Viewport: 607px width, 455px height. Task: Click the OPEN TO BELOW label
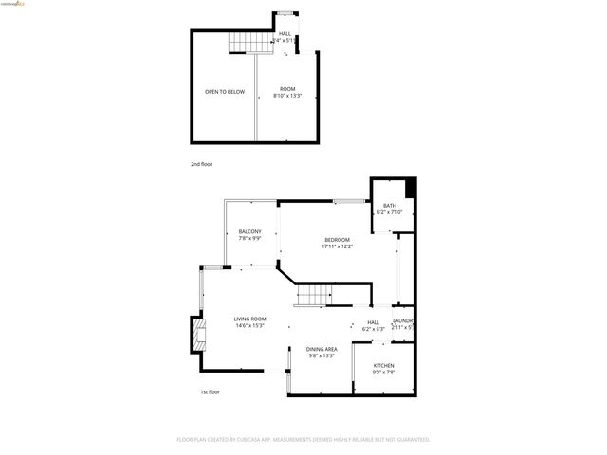(x=225, y=92)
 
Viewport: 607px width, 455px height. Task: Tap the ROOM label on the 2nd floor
(x=287, y=89)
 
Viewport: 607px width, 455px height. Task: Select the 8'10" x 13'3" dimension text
(x=287, y=96)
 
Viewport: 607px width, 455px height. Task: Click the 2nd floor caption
(x=201, y=164)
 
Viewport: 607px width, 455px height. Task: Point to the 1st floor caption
(x=210, y=391)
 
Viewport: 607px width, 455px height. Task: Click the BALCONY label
(x=250, y=231)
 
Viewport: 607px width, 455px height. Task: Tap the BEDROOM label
(x=338, y=239)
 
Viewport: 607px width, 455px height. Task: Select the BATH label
(x=390, y=206)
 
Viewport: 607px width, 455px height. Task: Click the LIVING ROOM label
(x=250, y=318)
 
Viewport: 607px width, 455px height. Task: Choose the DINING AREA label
(x=322, y=349)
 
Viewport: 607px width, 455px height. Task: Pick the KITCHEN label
(x=383, y=366)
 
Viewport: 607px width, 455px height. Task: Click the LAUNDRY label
(x=403, y=322)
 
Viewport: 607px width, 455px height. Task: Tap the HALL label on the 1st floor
(x=374, y=322)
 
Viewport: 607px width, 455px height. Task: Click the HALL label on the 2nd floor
(x=285, y=33)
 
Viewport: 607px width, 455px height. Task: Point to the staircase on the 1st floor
(x=312, y=297)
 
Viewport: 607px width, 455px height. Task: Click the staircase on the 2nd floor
(x=244, y=44)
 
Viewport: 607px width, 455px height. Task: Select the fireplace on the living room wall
(x=196, y=333)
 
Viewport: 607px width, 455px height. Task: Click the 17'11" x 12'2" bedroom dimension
(x=338, y=246)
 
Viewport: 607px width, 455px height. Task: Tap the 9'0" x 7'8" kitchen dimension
(x=383, y=373)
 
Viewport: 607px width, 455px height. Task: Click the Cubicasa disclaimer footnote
(x=303, y=439)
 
